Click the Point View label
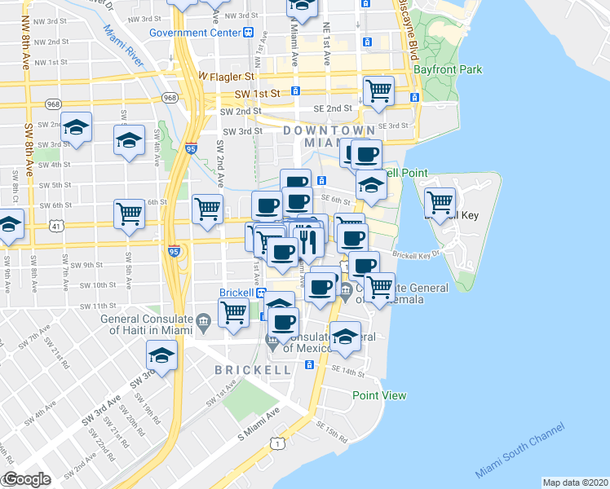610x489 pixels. click(x=379, y=395)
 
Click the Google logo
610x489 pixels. click(x=27, y=479)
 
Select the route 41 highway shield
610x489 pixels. click(x=54, y=233)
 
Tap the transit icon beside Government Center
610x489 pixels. click(x=247, y=33)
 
